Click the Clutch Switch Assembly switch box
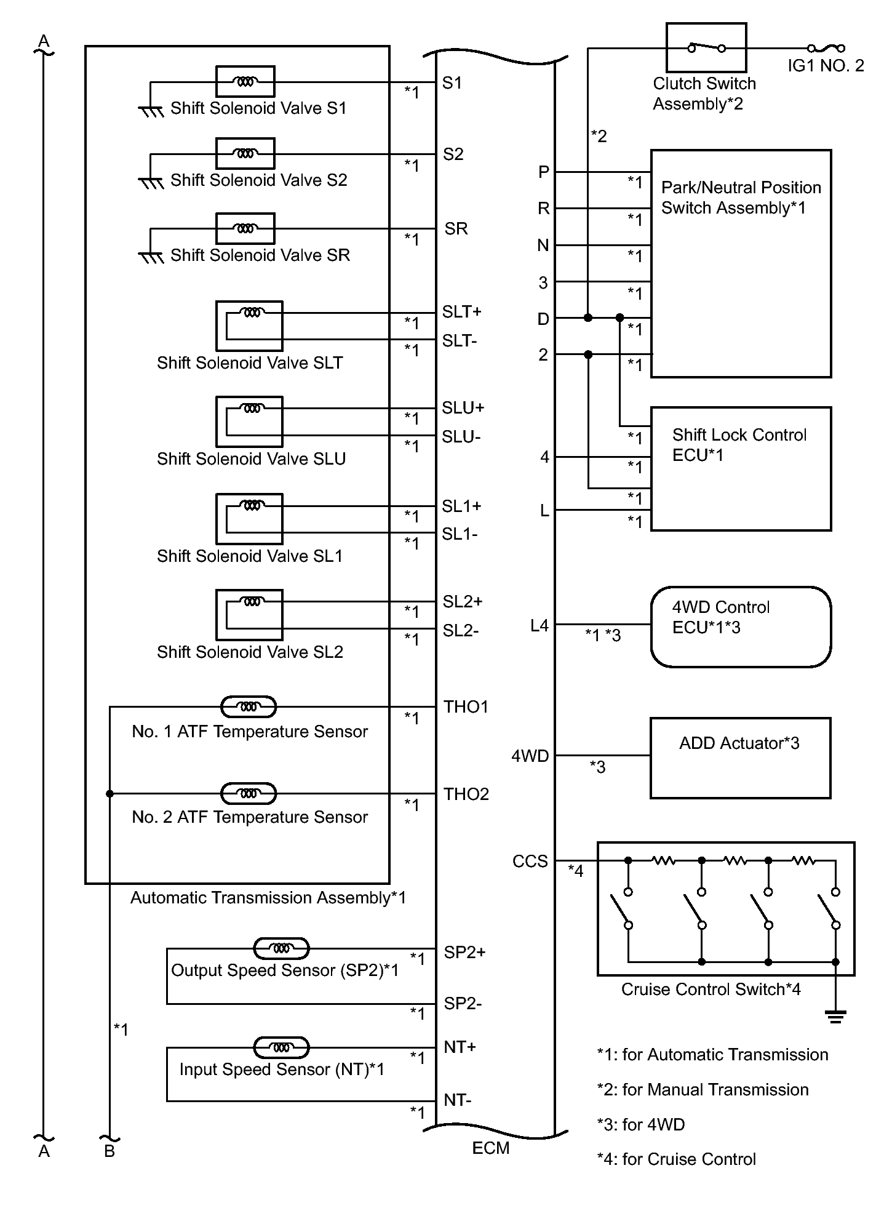coord(706,47)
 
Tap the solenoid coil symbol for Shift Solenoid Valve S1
coord(245,81)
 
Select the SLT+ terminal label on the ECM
coord(461,312)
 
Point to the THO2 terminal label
coord(466,794)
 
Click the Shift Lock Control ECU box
coord(741,468)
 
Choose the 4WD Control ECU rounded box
coord(741,626)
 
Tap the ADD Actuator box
coord(741,758)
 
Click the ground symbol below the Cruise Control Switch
coord(835,1016)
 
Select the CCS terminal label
coord(530,861)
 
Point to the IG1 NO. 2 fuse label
coord(826,65)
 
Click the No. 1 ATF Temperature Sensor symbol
coord(249,707)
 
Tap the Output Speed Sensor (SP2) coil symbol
coord(281,948)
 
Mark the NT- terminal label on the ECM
coord(457,1100)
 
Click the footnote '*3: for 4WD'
coord(640,1124)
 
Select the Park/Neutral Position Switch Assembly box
coord(741,263)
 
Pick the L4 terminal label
coord(539,625)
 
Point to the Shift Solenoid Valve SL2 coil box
coord(249,615)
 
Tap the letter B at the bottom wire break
coord(109,1151)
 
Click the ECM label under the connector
coord(490,1148)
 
